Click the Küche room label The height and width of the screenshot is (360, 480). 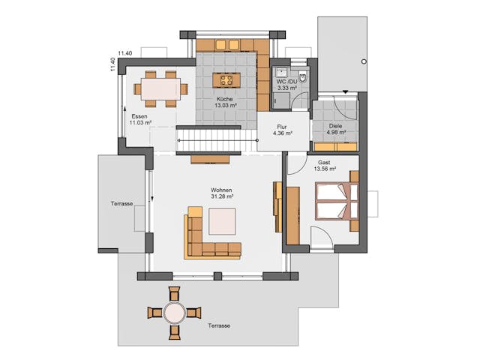click(225, 99)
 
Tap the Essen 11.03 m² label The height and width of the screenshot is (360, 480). click(140, 119)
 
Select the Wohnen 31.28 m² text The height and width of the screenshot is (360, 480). click(222, 193)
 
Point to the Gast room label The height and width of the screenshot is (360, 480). click(324, 163)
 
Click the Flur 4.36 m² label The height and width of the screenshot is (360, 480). click(282, 130)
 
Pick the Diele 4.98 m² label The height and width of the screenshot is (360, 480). click(335, 129)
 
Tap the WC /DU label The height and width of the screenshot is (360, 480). click(286, 82)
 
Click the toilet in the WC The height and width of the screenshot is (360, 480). click(303, 77)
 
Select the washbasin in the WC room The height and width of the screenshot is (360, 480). click(280, 72)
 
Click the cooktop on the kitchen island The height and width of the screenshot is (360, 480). click(226, 80)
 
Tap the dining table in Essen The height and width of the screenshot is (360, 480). click(160, 89)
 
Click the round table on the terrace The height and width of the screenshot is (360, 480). click(174, 313)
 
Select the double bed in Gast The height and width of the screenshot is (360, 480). click(337, 201)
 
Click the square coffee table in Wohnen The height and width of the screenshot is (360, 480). click(222, 221)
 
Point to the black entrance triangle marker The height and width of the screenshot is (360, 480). click(346, 91)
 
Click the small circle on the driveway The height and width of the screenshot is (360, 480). click(364, 61)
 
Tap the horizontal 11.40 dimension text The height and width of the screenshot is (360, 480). click(125, 53)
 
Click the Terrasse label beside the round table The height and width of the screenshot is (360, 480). click(219, 325)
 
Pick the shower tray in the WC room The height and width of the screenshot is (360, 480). click(280, 100)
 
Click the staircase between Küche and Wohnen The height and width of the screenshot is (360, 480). click(217, 140)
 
